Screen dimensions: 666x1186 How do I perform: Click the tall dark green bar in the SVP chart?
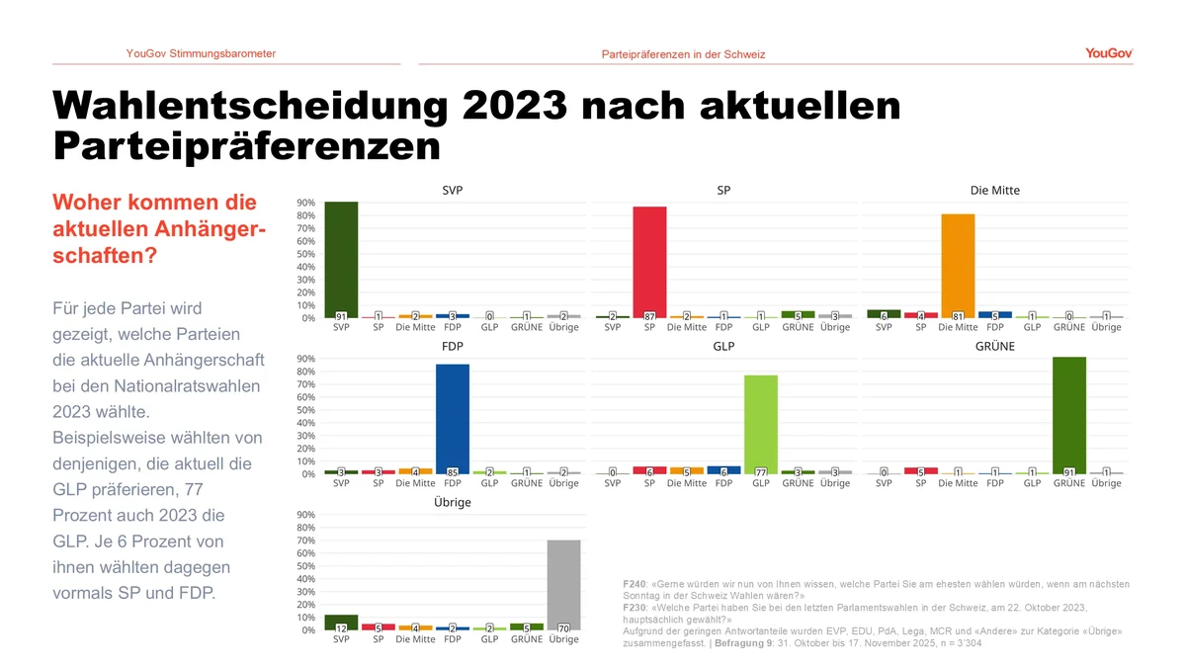341,259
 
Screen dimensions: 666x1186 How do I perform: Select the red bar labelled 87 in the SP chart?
649,262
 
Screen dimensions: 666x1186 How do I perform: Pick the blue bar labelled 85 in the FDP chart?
452,418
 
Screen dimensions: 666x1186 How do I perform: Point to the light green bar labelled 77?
761,423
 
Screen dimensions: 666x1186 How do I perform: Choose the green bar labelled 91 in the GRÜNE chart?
1068,415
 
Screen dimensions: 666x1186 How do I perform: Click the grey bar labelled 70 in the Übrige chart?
563,584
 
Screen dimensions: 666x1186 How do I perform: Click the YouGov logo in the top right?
1108,53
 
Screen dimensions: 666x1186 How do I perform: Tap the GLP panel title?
723,347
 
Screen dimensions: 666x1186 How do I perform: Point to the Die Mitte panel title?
994,190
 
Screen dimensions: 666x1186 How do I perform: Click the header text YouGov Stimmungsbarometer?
201,53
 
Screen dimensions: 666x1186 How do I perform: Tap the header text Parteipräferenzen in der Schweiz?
683,54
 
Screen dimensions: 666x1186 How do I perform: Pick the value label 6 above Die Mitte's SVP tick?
884,316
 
